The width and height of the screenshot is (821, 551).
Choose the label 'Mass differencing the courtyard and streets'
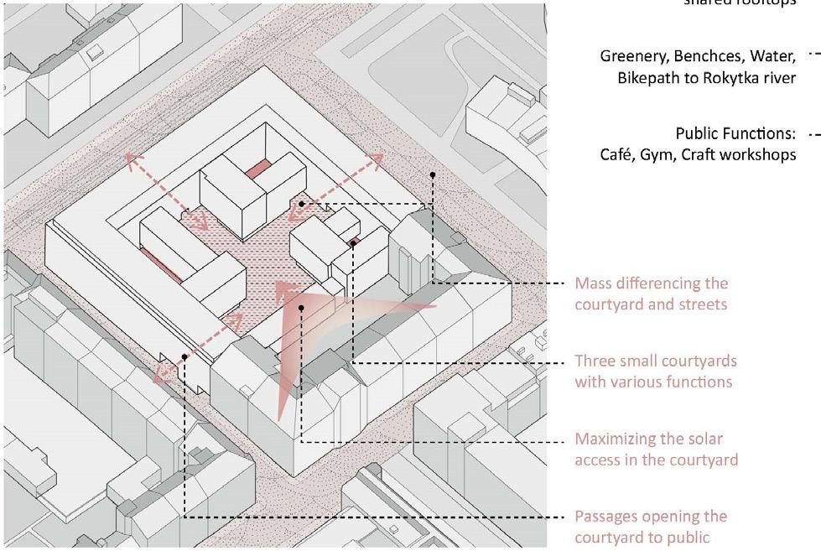tap(651, 294)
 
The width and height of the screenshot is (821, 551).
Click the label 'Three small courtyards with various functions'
tap(655, 372)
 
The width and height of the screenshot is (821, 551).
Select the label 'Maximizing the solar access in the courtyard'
tap(656, 449)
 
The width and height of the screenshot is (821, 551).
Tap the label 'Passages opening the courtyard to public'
tap(651, 527)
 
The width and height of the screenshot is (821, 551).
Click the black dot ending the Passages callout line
tap(184, 357)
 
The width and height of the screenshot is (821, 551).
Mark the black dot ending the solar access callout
tap(301, 308)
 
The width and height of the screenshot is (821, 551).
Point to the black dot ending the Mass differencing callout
tap(433, 175)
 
